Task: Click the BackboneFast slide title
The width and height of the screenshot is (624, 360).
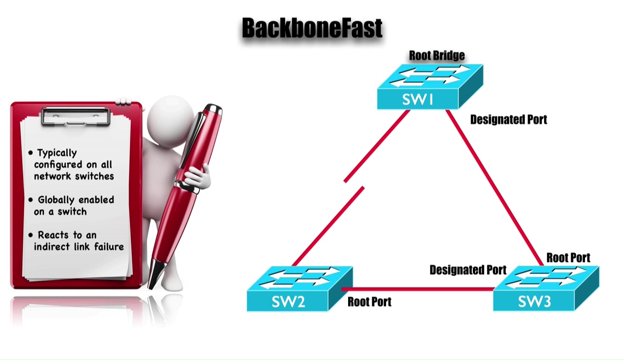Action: point(312,28)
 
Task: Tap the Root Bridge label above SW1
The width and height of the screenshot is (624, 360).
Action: point(436,55)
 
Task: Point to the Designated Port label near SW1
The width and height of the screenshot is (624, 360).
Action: point(508,120)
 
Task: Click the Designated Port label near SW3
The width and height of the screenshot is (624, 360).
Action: point(468,270)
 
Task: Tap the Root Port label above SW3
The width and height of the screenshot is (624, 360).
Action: point(568,258)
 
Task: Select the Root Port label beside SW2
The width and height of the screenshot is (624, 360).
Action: point(369,302)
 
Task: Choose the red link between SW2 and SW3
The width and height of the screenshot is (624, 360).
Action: point(419,289)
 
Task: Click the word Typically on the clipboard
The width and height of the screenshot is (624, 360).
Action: point(57,153)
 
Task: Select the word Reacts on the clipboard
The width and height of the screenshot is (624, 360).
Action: point(54,235)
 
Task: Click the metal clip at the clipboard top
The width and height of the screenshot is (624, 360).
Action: point(76,116)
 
